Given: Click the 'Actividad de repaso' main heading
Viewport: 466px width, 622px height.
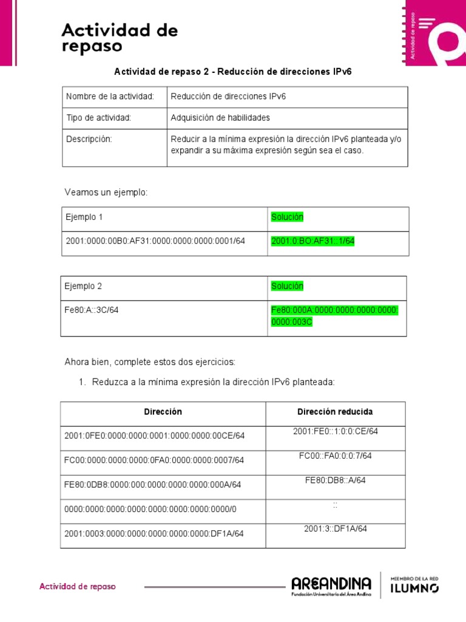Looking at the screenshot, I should [120, 38].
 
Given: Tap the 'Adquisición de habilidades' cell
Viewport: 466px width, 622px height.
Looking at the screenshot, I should [220, 118].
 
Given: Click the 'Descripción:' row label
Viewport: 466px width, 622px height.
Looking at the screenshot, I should [89, 139].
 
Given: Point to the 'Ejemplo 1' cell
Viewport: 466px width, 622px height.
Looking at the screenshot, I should [85, 217].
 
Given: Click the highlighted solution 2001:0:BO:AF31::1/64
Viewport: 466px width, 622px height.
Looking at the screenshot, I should [312, 241].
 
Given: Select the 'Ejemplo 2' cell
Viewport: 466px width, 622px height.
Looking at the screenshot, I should [84, 286].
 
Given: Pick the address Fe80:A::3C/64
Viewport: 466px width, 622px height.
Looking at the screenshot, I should [92, 310].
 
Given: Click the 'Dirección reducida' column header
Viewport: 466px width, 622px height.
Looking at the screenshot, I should [335, 412].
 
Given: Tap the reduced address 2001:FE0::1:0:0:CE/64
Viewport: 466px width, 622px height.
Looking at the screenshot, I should [335, 431].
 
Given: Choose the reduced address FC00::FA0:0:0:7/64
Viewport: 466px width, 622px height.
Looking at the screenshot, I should [335, 456].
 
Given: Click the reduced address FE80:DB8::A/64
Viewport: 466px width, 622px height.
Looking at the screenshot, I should [335, 480].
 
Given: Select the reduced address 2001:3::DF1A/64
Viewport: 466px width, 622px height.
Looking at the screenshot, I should [335, 528].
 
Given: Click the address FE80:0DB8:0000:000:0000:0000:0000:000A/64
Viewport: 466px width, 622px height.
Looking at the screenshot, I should [152, 485].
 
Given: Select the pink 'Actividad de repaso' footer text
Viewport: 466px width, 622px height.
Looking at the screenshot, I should [78, 587].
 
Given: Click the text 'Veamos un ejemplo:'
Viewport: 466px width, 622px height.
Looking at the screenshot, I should [106, 193].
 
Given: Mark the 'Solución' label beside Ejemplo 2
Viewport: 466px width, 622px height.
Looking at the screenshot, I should [287, 286].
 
